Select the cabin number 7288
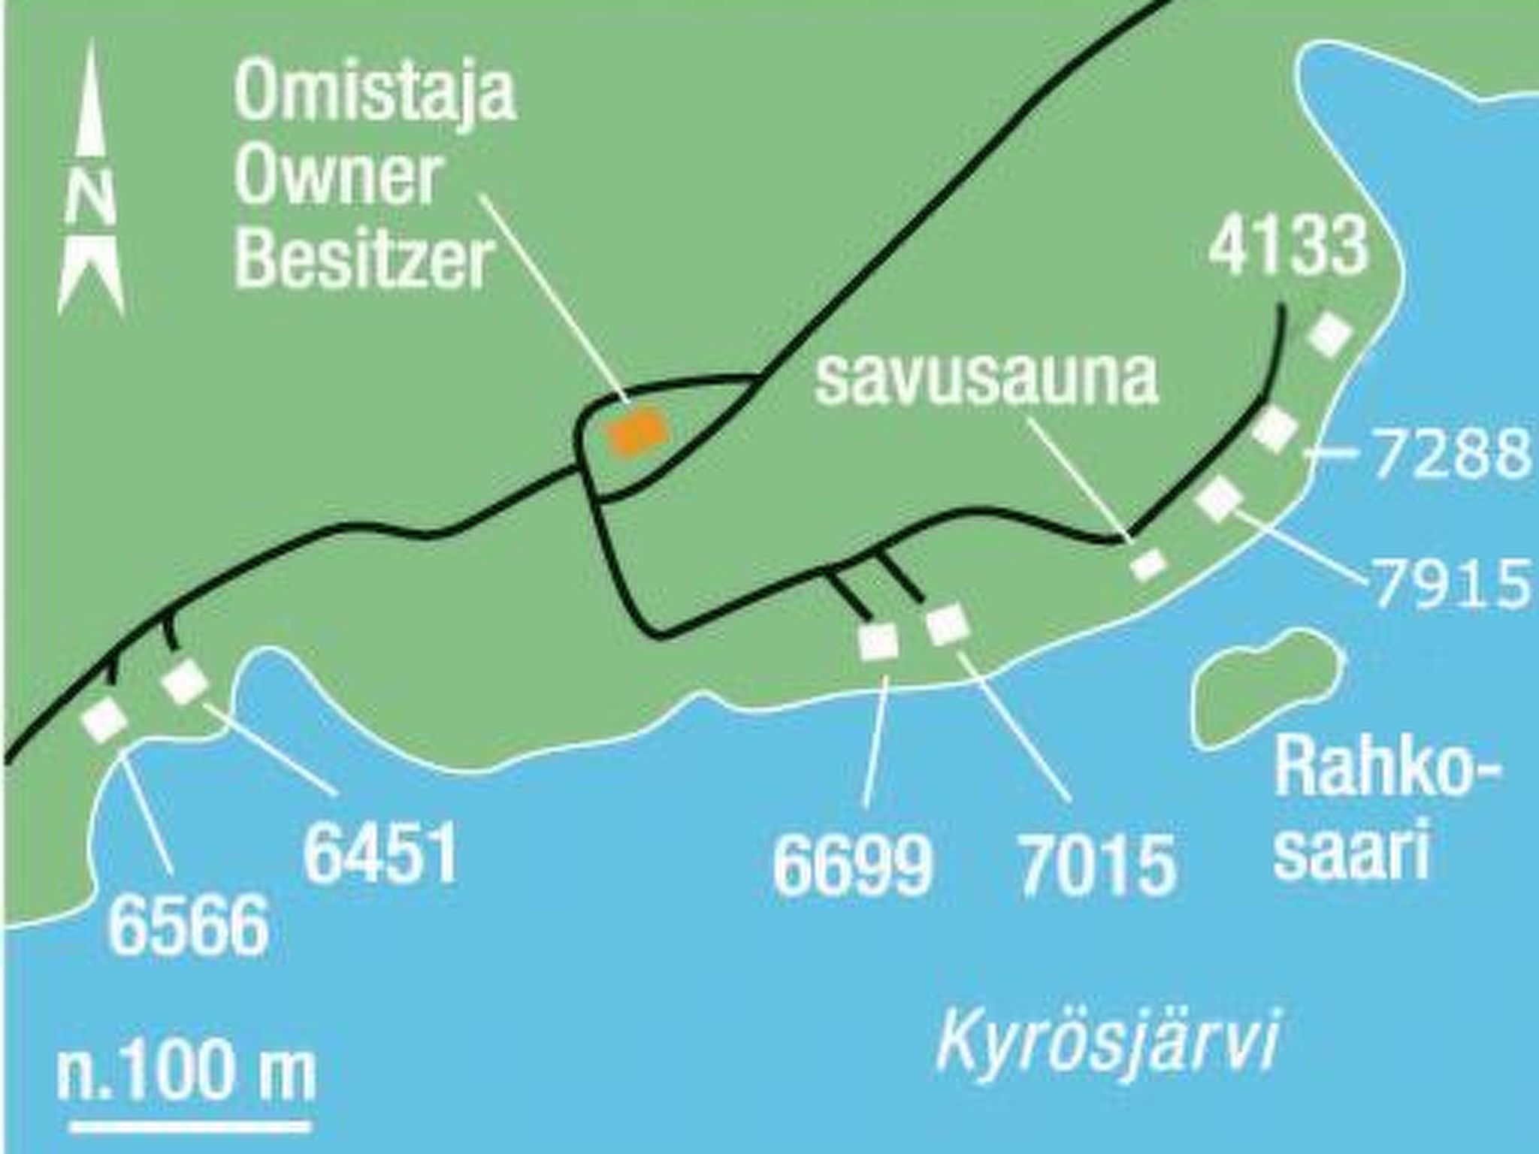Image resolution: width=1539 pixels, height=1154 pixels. click(x=1451, y=453)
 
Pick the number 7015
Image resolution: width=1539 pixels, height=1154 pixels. click(x=1097, y=866)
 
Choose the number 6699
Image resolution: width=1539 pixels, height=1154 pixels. click(x=853, y=866)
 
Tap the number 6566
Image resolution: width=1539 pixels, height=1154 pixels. click(x=189, y=926)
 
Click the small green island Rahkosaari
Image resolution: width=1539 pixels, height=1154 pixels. click(x=1266, y=688)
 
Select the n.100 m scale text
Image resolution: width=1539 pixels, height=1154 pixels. click(x=186, y=1071)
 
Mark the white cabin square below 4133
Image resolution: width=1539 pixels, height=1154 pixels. click(x=1330, y=336)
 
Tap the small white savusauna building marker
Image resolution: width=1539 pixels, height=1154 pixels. click(x=1148, y=564)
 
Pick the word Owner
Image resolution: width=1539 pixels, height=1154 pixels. click(x=337, y=177)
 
